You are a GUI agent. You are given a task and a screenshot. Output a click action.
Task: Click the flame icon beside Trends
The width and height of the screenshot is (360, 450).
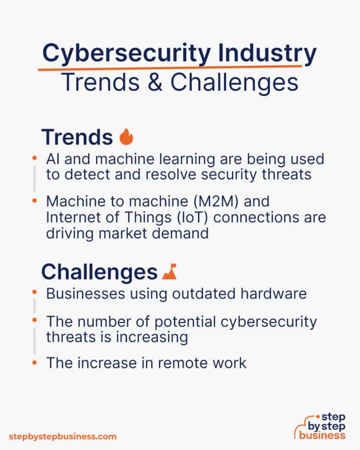coord(126,137)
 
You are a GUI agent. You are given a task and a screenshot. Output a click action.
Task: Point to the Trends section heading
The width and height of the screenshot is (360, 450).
coord(77,137)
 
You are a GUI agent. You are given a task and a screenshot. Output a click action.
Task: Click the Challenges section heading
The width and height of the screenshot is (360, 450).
coord(99,272)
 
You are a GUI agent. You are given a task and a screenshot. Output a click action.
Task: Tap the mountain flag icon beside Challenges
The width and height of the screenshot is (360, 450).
coord(169,272)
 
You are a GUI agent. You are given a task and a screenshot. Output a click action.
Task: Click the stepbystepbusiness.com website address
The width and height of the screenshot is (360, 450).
coord(63,436)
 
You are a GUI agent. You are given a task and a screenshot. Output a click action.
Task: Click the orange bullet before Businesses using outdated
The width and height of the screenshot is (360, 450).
coord(35,291)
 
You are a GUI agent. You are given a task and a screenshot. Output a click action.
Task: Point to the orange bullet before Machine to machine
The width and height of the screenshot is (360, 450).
coord(35,200)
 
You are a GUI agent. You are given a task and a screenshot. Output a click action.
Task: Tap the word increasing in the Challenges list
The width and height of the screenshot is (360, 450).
coord(150,337)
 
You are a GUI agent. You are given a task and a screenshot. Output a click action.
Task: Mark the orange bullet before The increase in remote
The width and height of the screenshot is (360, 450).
coord(35,362)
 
